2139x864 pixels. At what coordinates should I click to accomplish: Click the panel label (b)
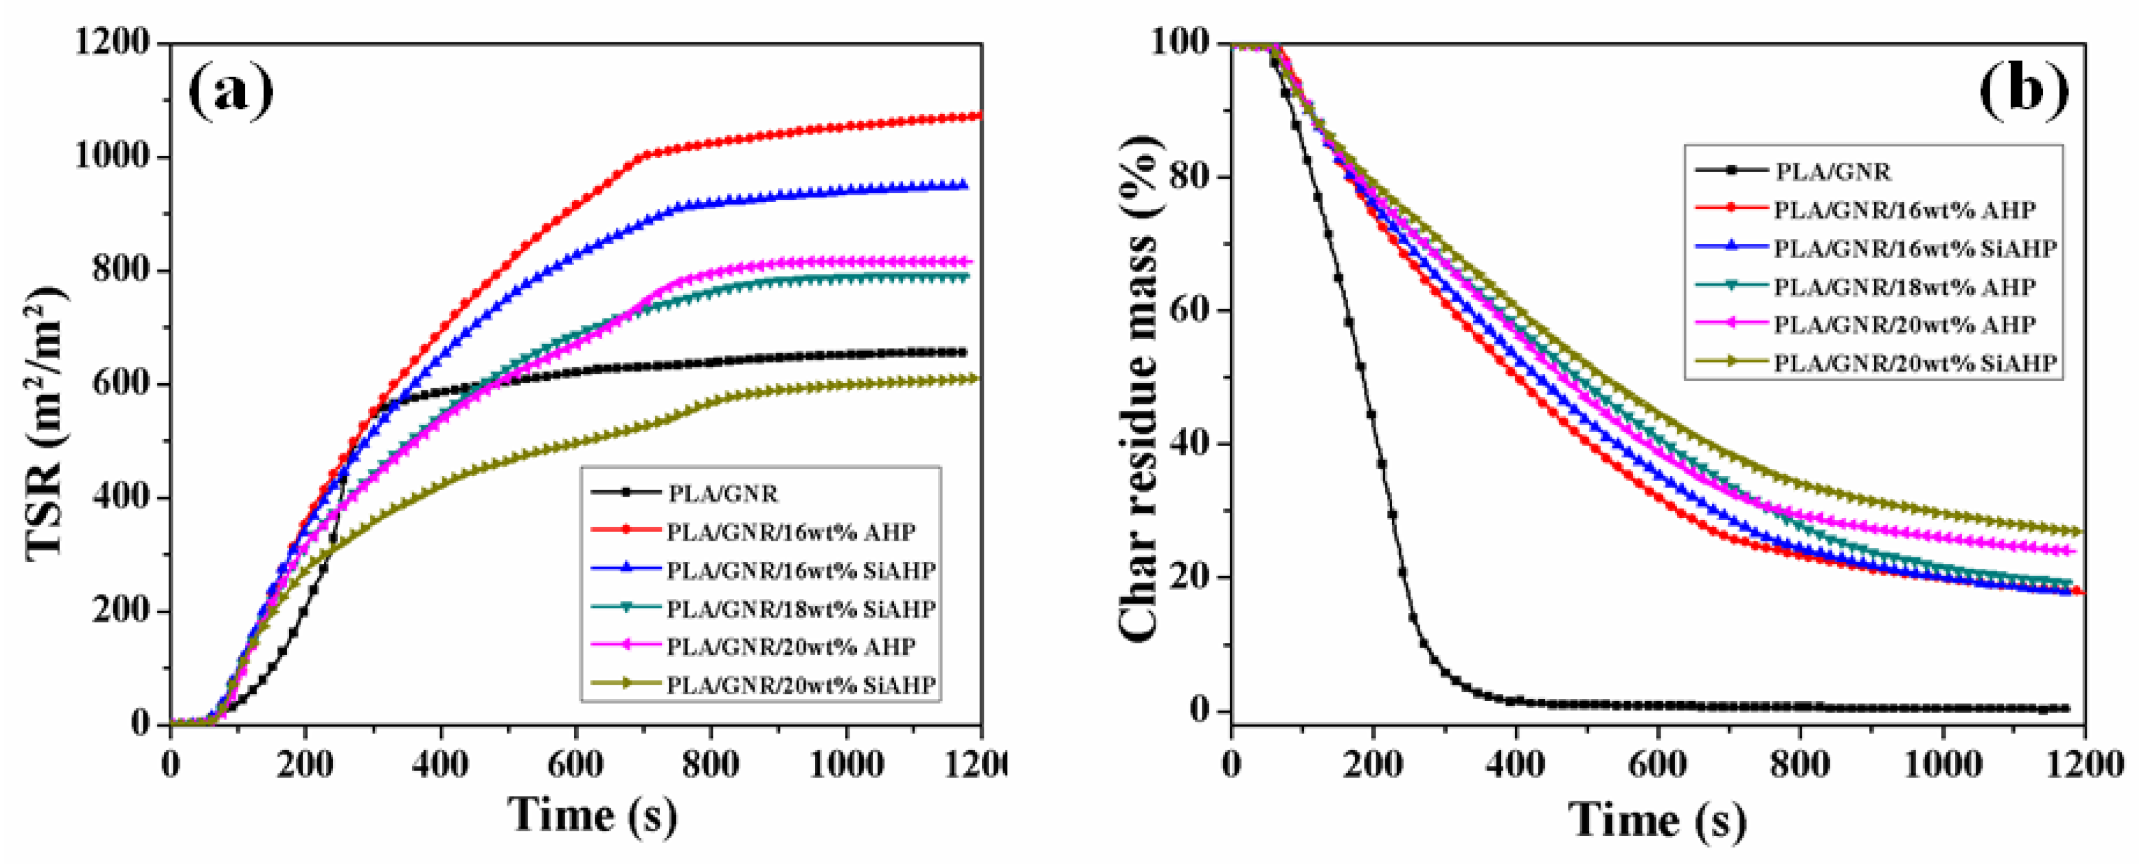(2024, 90)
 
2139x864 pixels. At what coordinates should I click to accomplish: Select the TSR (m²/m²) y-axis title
(46, 424)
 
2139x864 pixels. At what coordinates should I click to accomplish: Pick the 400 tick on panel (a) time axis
(441, 763)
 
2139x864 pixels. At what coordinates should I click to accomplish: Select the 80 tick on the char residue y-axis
(1190, 177)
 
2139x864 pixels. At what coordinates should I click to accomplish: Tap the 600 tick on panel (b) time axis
(1658, 763)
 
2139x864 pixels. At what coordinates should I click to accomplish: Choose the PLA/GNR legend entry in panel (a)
(722, 494)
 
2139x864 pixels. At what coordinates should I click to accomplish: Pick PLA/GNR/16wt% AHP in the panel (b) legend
(1904, 210)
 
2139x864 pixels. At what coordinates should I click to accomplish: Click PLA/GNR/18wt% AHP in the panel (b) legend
(1904, 287)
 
